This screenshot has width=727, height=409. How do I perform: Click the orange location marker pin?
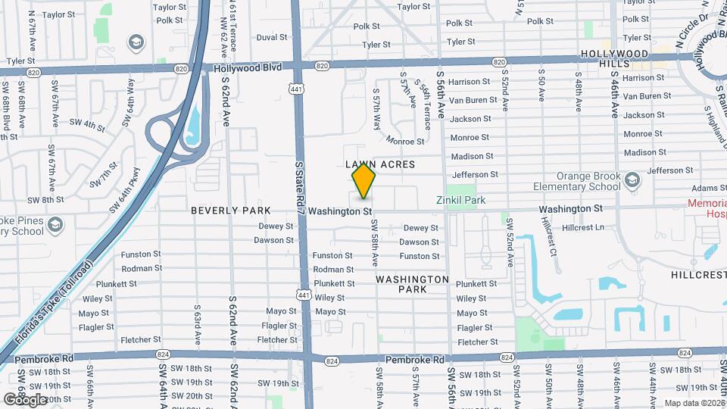364,181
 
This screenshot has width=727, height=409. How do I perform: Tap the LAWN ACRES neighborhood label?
380,164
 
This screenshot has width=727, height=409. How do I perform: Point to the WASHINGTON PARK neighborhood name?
412,284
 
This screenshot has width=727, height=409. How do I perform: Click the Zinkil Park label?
460,200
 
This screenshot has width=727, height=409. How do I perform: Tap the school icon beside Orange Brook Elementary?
633,181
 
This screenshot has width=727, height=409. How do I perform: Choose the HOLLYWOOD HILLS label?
615,60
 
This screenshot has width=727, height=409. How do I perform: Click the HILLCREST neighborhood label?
697,272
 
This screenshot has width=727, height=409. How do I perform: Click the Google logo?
26,399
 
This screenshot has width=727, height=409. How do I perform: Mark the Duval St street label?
272,36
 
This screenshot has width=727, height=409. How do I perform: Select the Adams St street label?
704,188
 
